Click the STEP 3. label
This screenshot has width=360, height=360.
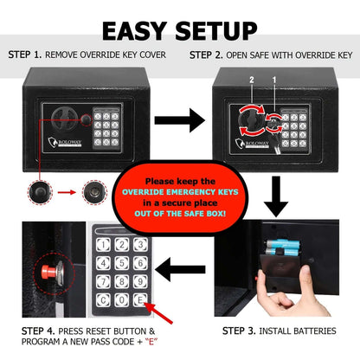click(x=244, y=331)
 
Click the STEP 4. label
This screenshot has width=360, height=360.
click(x=26, y=331)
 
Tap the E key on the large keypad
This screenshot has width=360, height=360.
click(x=140, y=299)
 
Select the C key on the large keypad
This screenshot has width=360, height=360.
click(x=102, y=299)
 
